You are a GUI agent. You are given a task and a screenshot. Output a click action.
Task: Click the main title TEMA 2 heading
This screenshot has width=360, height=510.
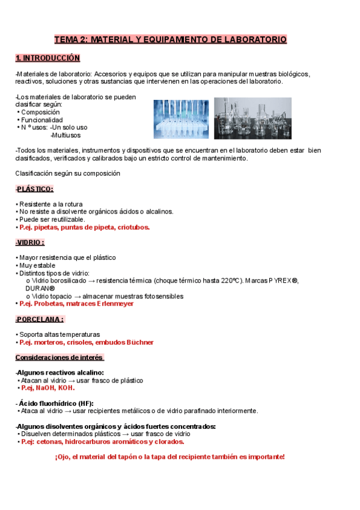pos(171,40)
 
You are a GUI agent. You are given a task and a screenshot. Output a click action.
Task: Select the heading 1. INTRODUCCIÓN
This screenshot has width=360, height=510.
pos(47,58)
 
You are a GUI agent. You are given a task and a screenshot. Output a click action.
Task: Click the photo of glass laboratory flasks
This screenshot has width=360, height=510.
pos(252,118)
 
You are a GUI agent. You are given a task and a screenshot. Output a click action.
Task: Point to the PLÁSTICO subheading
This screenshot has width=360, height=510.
pos(35,189)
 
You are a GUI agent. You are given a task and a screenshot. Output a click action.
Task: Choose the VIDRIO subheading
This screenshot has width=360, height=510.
pos(29,242)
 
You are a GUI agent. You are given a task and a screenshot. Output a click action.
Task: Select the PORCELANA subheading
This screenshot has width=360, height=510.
pos(40,319)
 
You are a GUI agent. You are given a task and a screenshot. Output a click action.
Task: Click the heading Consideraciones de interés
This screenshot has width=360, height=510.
pos(59,358)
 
